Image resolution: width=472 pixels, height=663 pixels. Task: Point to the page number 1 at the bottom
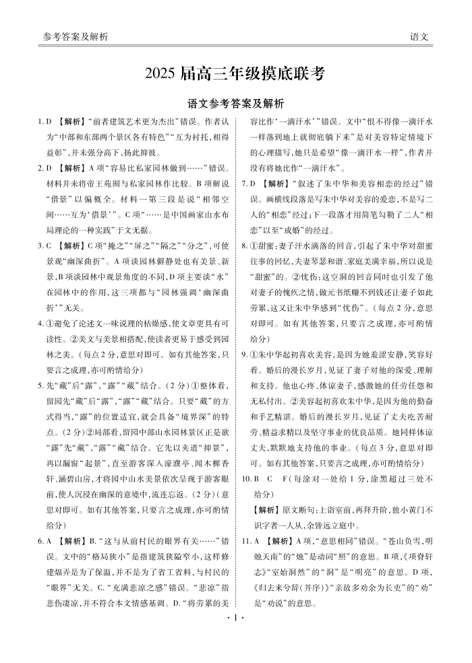click(x=235, y=634)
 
